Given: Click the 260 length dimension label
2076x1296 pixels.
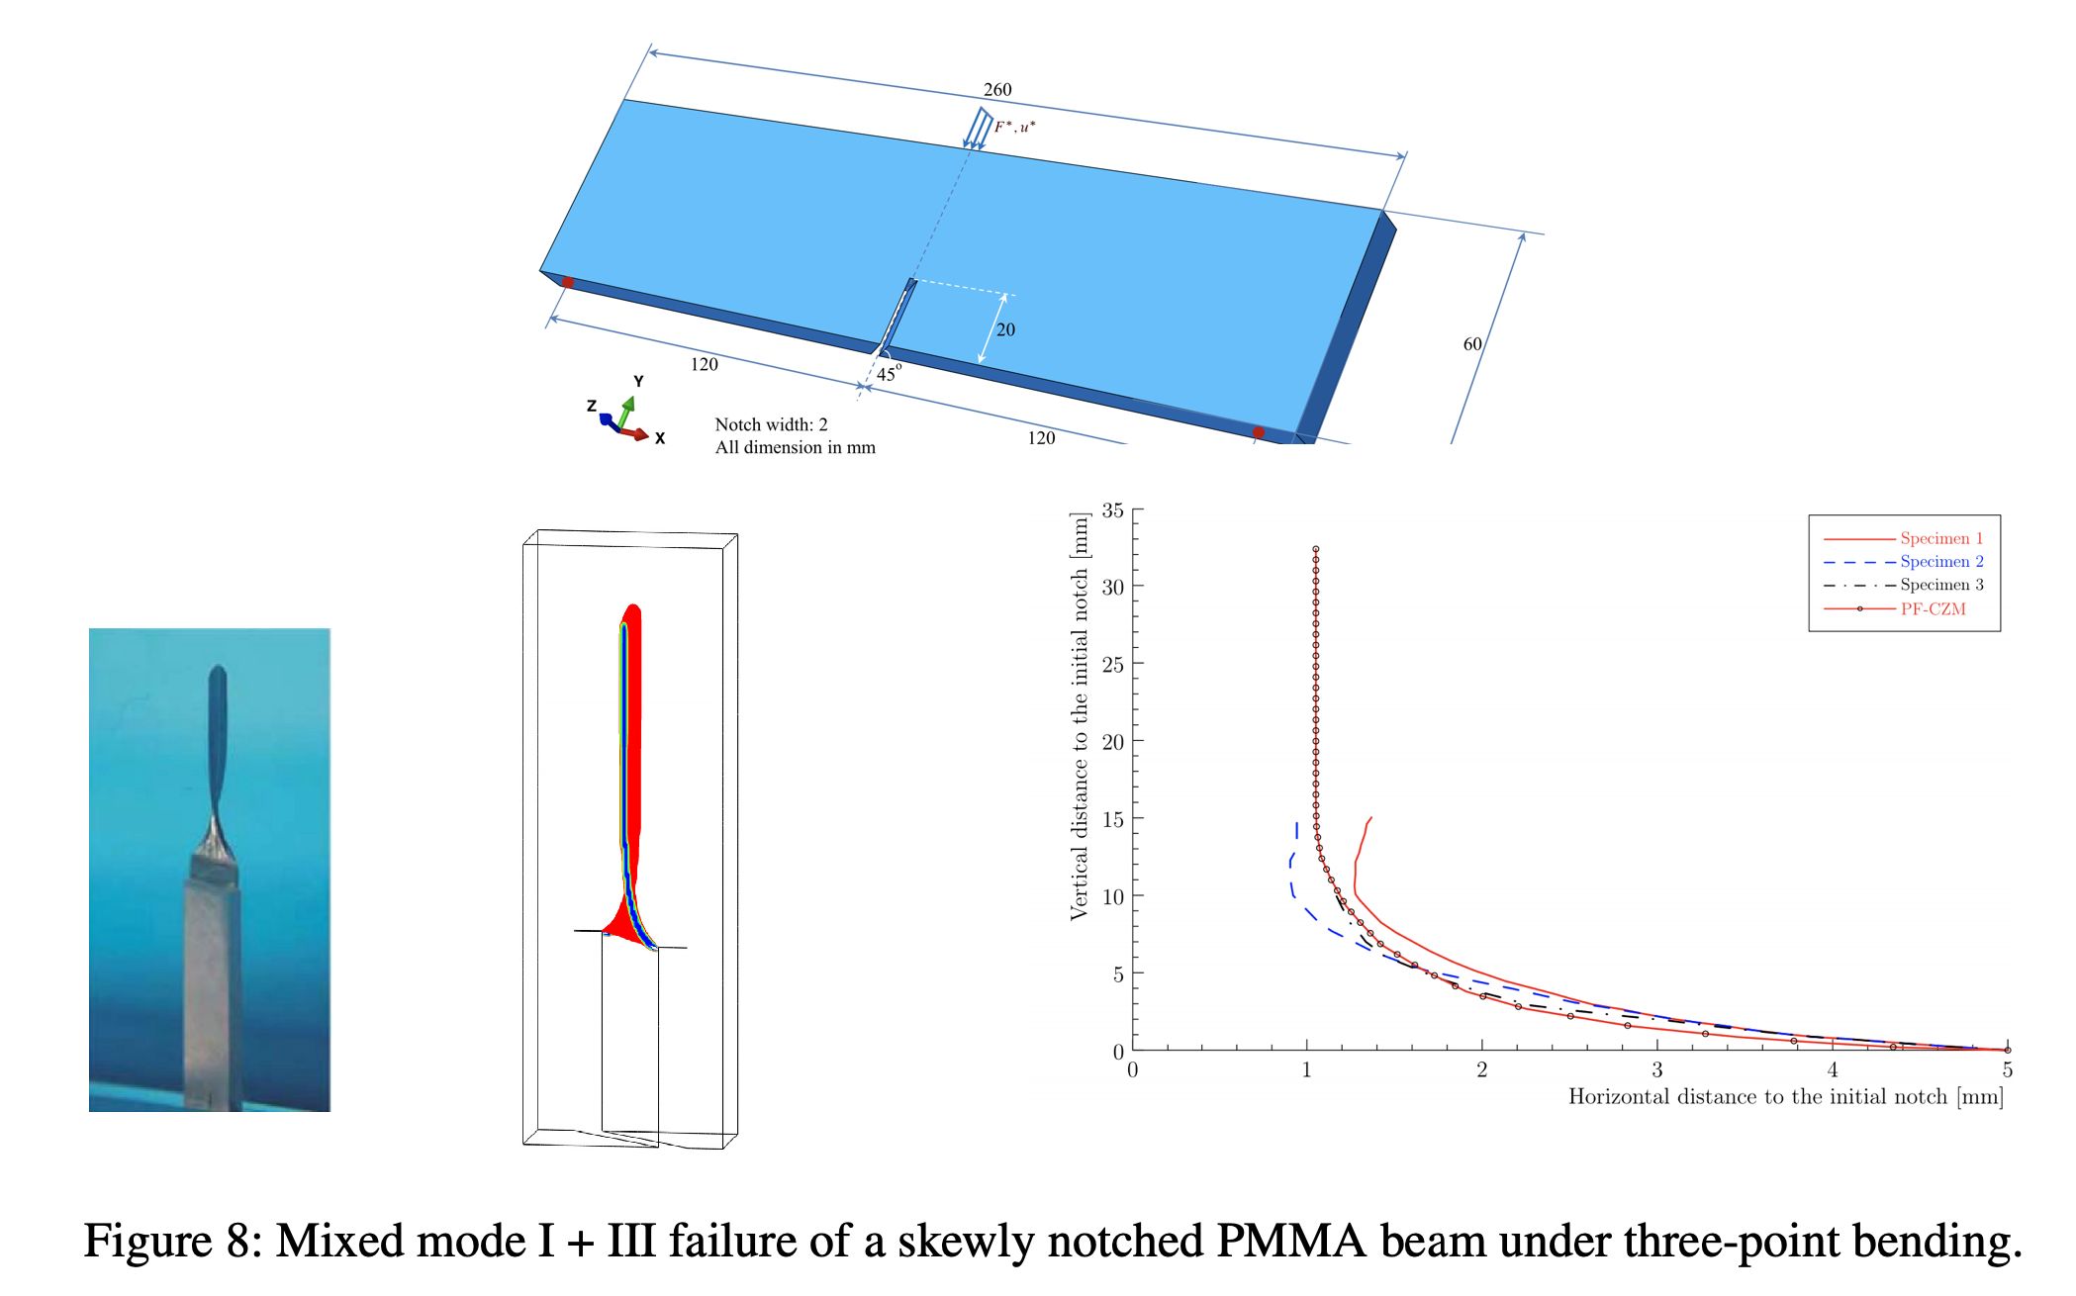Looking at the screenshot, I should coord(997,90).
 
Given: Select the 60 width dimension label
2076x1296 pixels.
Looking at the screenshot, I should coord(1472,344).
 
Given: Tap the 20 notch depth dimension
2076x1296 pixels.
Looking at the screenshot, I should coord(1005,329).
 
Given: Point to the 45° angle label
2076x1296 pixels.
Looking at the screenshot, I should coord(889,373).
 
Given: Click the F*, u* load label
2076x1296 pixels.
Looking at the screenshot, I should coord(1015,127).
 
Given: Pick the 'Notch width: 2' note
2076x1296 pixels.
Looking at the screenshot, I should coord(771,424).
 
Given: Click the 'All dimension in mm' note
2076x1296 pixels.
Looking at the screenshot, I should coord(795,447).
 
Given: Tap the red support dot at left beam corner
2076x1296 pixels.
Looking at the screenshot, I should coord(568,282).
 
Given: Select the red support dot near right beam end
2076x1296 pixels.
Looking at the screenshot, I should coord(1258,432).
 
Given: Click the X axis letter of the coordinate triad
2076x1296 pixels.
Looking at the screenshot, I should coord(660,438).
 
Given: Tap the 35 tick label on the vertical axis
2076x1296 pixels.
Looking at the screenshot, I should coord(1113,510).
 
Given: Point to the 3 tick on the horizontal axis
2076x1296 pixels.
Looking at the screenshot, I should coord(1657,1069).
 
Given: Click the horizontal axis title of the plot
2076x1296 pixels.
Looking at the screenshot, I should coord(1785,1096).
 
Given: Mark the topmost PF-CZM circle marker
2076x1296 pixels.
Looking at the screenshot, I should coord(1316,549).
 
